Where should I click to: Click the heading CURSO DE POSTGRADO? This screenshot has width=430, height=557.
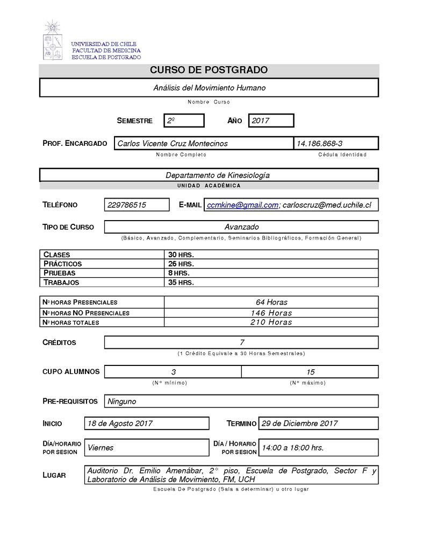click(x=209, y=70)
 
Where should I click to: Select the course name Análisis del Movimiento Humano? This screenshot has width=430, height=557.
click(x=209, y=87)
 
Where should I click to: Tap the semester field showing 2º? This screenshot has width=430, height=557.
click(x=184, y=121)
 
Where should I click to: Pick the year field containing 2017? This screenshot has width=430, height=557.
click(x=270, y=121)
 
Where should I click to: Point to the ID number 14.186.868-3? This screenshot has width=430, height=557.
click(x=319, y=143)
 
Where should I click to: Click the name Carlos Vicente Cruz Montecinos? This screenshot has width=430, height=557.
click(x=173, y=143)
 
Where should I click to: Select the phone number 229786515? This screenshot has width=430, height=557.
click(x=131, y=205)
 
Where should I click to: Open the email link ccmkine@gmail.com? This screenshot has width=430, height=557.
click(x=242, y=205)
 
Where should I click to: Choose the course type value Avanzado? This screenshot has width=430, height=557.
click(x=241, y=227)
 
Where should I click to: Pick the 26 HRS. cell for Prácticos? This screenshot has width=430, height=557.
click(x=181, y=264)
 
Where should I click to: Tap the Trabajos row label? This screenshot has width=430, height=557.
click(x=61, y=282)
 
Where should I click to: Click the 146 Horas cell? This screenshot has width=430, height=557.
click(x=271, y=313)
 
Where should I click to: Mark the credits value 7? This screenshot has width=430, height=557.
click(x=242, y=342)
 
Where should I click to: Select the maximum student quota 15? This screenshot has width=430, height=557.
click(x=310, y=371)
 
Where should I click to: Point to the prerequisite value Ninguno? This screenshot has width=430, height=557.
click(x=122, y=401)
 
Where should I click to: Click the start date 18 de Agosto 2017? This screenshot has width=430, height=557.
click(x=120, y=423)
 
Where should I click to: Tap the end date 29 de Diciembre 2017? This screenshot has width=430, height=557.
click(x=299, y=423)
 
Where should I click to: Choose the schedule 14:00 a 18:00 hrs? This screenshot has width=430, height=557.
click(x=293, y=447)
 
